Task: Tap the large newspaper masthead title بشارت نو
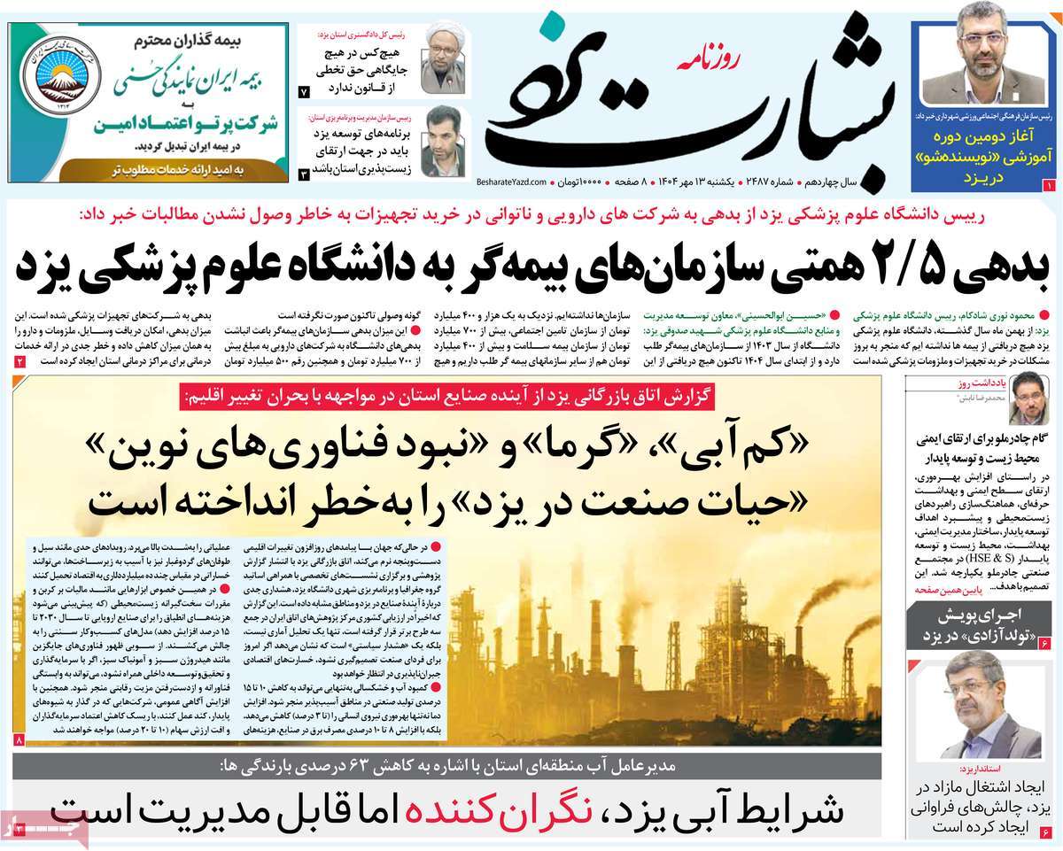click(691, 106)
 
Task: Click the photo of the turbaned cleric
click(442, 59)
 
